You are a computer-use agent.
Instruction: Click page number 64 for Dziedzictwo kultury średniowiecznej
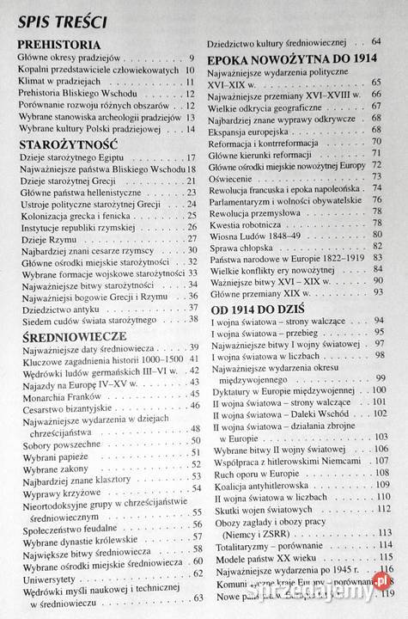[x=376, y=41]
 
